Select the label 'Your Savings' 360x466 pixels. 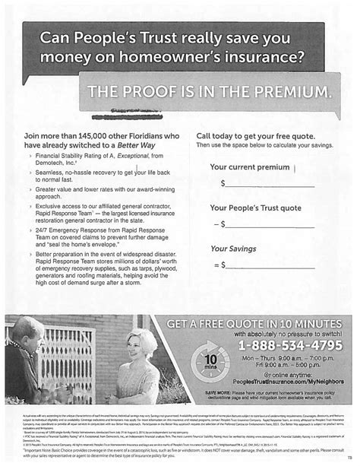[232, 247]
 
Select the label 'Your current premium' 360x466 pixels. [249, 166]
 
